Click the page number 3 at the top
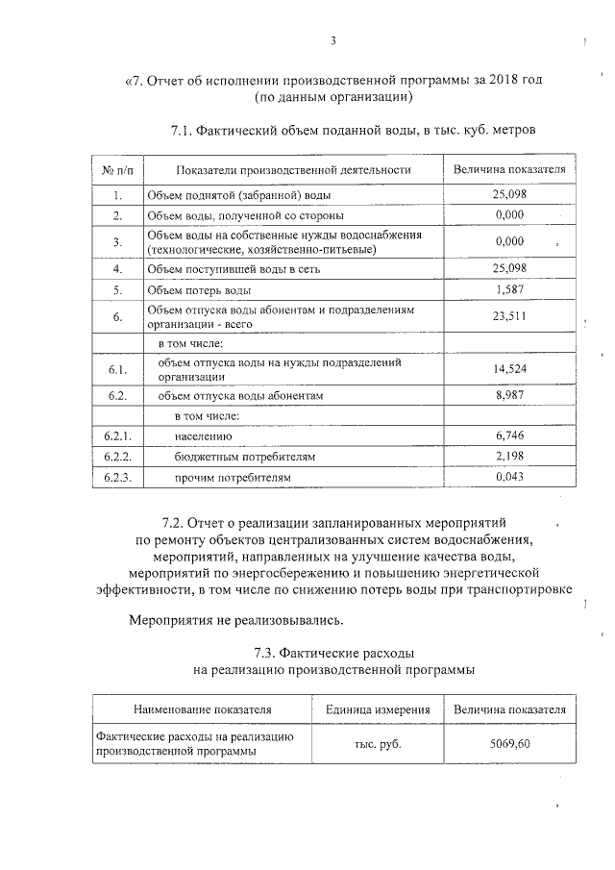click(332, 40)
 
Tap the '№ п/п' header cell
click(117, 170)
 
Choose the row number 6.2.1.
click(117, 435)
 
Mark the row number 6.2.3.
click(117, 477)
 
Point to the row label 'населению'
click(204, 435)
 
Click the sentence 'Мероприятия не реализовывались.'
click(235, 619)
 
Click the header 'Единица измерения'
click(378, 710)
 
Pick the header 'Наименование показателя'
click(203, 710)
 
